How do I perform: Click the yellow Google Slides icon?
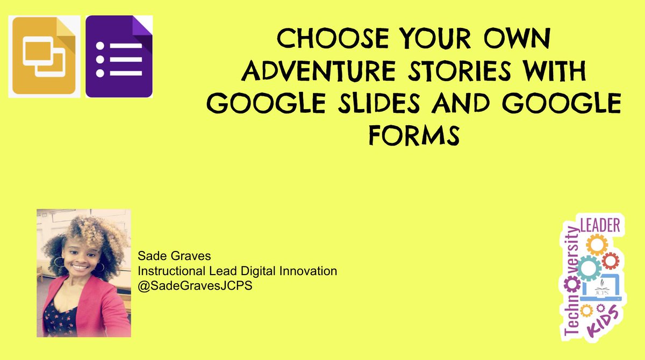(x=44, y=56)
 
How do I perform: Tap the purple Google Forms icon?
(x=119, y=56)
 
